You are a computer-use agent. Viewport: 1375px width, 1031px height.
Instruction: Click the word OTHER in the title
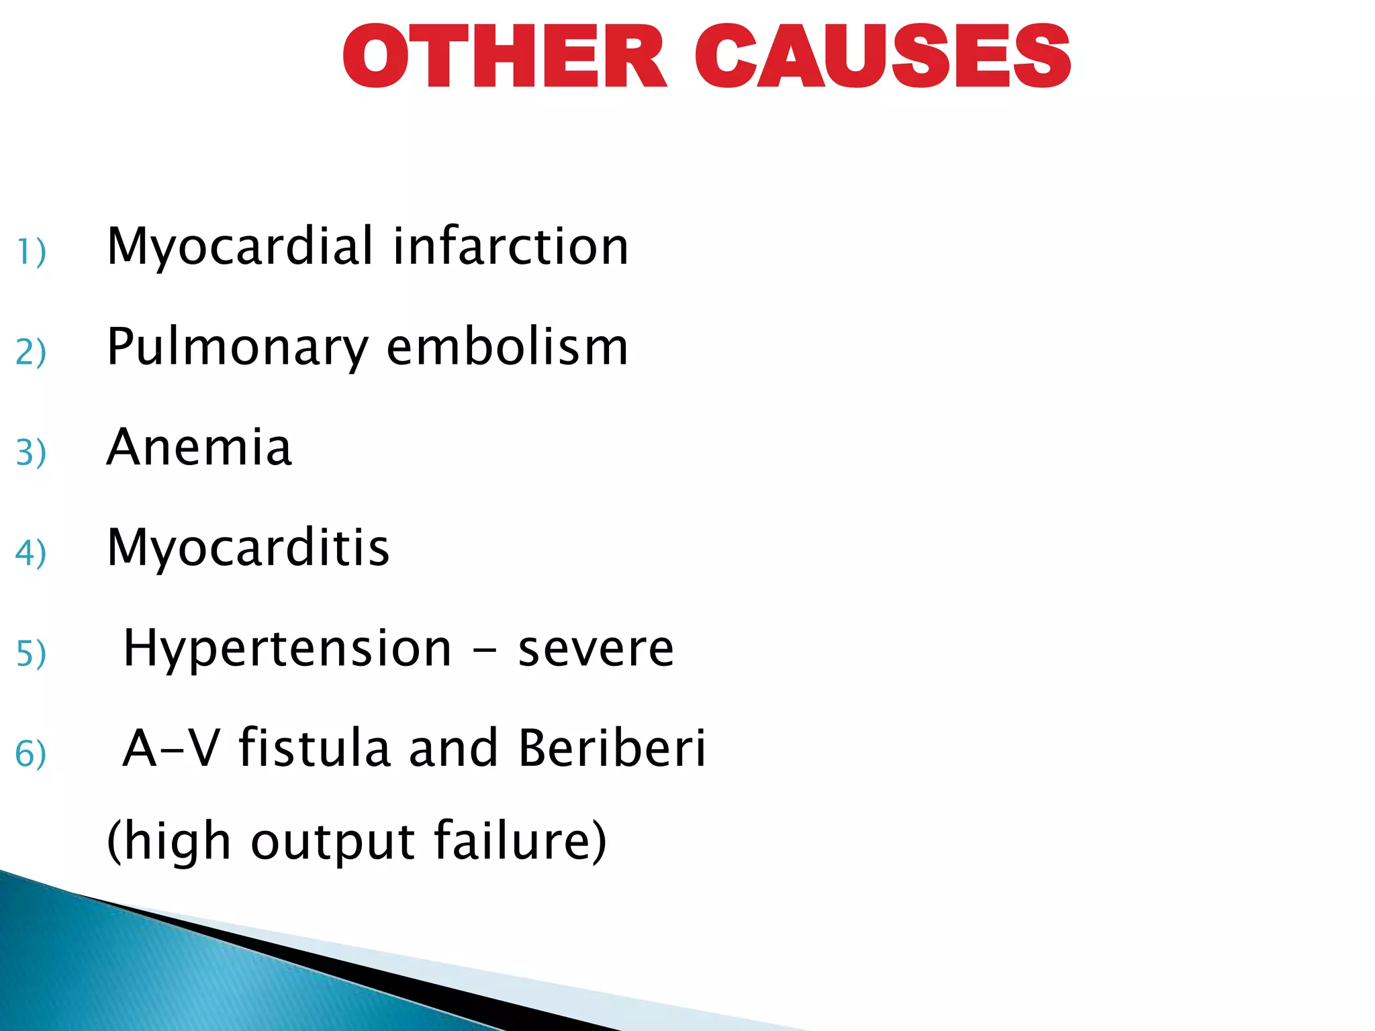click(x=504, y=56)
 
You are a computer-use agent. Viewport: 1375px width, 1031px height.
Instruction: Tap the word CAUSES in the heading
click(x=882, y=56)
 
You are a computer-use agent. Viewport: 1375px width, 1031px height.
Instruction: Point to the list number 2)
click(x=31, y=352)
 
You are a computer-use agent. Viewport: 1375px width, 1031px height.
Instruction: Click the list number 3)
click(x=31, y=452)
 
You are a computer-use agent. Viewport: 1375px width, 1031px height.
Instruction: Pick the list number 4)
click(x=31, y=552)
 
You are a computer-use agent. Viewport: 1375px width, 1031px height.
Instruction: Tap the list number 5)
click(x=31, y=653)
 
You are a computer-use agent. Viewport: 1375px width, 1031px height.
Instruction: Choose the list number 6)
click(x=31, y=753)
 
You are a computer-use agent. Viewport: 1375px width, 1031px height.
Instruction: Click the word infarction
click(x=511, y=246)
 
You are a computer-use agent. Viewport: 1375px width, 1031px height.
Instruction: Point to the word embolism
click(x=508, y=347)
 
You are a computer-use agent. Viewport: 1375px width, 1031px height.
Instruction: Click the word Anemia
click(x=199, y=447)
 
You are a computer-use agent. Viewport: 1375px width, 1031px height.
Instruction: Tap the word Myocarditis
click(x=248, y=549)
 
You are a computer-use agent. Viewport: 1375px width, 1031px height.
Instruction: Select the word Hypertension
click(x=288, y=650)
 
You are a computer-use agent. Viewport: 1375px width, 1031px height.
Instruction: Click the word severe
click(x=596, y=650)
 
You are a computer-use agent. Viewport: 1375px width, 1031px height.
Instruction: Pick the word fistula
click(x=315, y=748)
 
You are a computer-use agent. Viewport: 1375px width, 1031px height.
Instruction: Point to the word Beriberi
click(x=612, y=748)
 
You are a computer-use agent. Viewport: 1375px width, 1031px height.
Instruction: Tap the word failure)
click(x=520, y=840)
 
